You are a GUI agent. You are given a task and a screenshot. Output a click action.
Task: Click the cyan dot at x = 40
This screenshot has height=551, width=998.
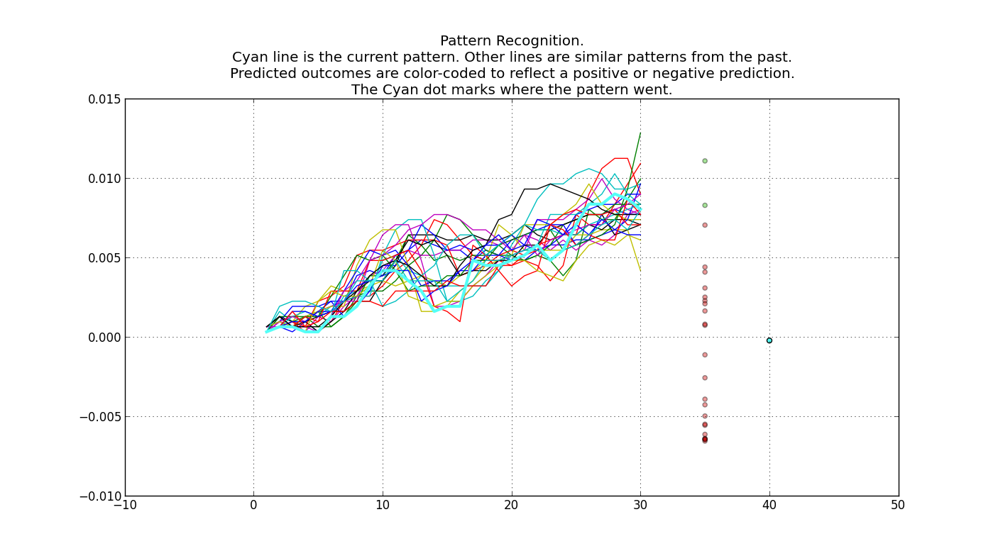(x=769, y=340)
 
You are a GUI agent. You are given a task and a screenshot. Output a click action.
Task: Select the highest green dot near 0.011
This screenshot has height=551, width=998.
(x=705, y=161)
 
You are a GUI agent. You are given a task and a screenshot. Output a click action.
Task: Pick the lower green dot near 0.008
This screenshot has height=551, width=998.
(x=705, y=206)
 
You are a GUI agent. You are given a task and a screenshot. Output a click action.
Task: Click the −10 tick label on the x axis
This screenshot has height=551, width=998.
(x=125, y=506)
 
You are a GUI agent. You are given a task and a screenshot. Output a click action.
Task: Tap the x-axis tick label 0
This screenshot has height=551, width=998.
(x=253, y=506)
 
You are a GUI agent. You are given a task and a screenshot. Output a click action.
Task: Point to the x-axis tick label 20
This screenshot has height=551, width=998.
(x=511, y=506)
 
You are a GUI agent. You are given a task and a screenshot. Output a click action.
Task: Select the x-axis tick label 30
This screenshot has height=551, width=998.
(x=640, y=506)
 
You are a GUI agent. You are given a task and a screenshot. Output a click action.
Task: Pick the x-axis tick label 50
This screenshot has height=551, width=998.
(x=898, y=506)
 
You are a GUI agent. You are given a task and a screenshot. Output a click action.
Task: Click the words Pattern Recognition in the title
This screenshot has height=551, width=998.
(x=511, y=41)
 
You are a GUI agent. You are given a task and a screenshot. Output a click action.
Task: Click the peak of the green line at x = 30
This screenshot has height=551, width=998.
(x=640, y=133)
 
